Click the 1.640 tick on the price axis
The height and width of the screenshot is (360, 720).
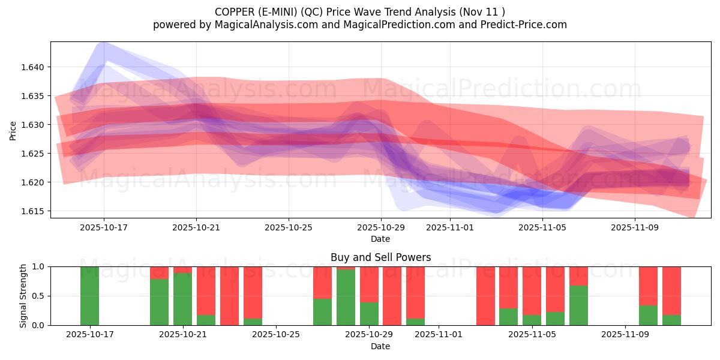coord(33,67)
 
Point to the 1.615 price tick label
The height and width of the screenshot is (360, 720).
coord(33,211)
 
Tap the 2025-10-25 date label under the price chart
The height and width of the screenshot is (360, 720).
coord(289,228)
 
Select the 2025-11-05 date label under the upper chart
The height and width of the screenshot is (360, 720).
coord(542,228)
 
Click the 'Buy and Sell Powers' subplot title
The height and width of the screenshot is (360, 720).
coord(380,257)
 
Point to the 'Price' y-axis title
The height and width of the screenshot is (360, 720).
coord(13,130)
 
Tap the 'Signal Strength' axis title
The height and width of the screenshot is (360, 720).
coord(23,296)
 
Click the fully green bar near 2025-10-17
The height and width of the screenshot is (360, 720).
coord(89,296)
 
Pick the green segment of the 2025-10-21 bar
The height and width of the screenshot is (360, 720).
coord(182,299)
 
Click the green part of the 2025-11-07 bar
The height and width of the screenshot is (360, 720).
coord(578,305)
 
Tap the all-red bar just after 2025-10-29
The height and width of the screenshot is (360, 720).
coord(392,296)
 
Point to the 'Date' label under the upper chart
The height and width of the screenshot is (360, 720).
coord(380,239)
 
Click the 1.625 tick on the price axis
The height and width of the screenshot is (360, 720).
coord(33,154)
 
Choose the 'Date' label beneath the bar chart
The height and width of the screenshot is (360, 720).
coord(380,346)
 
